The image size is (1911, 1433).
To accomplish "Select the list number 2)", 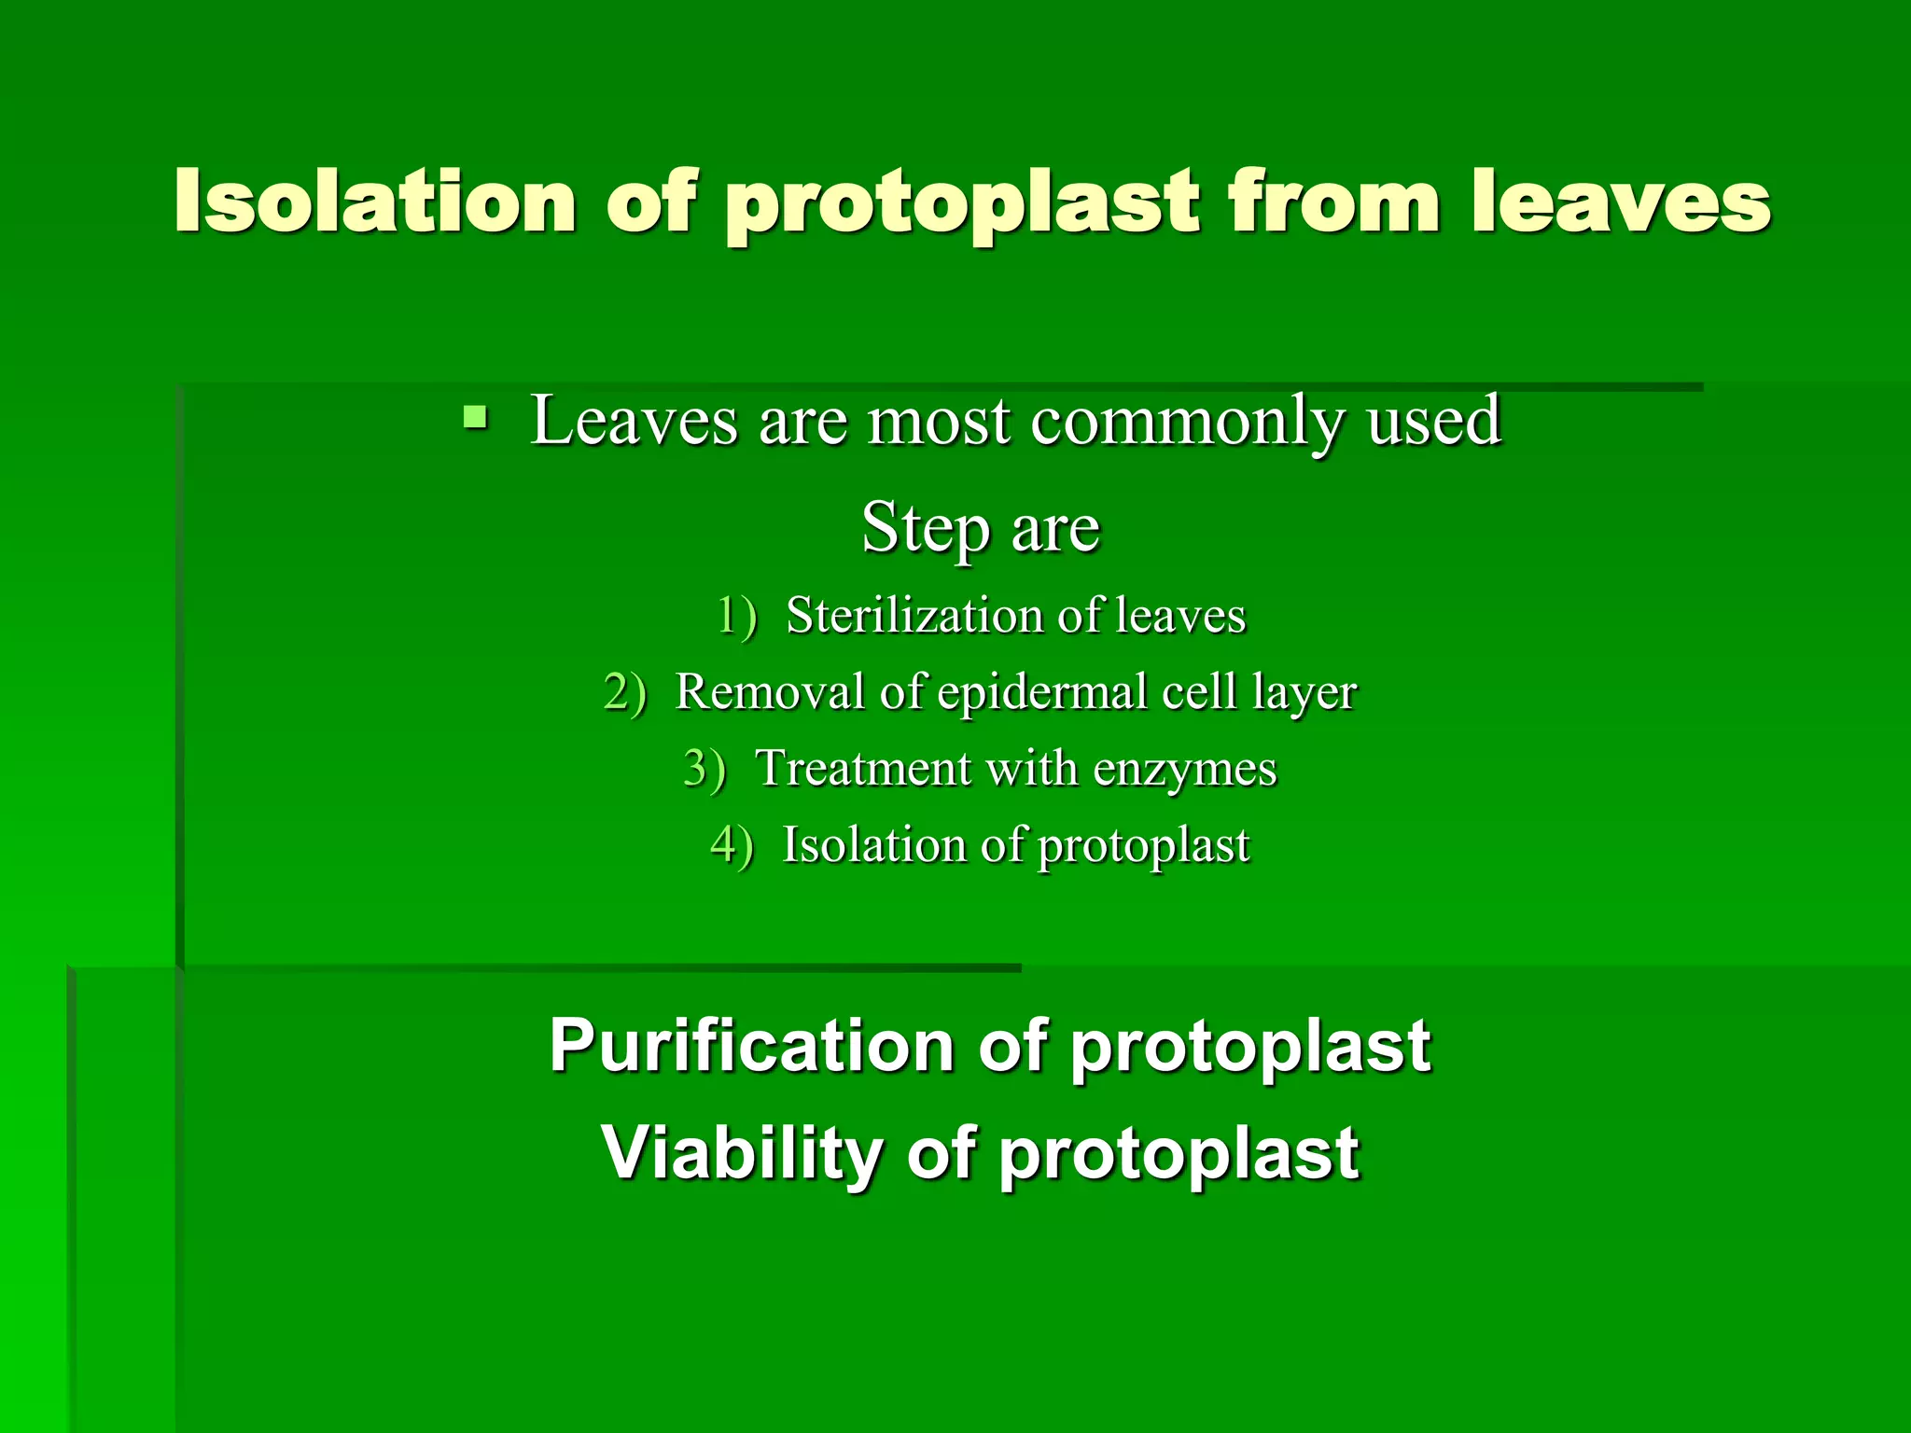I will (x=625, y=693).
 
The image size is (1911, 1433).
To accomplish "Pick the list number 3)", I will (x=704, y=770).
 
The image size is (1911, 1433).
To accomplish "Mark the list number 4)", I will (x=732, y=846).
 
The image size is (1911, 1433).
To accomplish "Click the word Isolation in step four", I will (x=872, y=845).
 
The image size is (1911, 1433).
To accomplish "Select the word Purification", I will (x=751, y=1046).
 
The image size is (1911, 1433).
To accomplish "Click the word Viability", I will (x=741, y=1153).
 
